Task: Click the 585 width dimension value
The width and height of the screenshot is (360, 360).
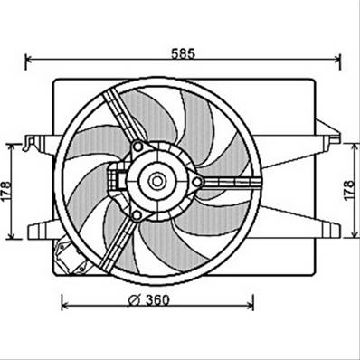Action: tap(184, 52)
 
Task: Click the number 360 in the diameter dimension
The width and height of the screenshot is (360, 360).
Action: tap(155, 301)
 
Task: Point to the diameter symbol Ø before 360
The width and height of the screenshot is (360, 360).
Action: tap(134, 301)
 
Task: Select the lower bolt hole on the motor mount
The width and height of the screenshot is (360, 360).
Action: tap(136, 214)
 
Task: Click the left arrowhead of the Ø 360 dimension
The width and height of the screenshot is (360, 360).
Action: tap(64, 301)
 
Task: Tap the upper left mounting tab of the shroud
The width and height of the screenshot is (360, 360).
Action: tap(37, 142)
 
